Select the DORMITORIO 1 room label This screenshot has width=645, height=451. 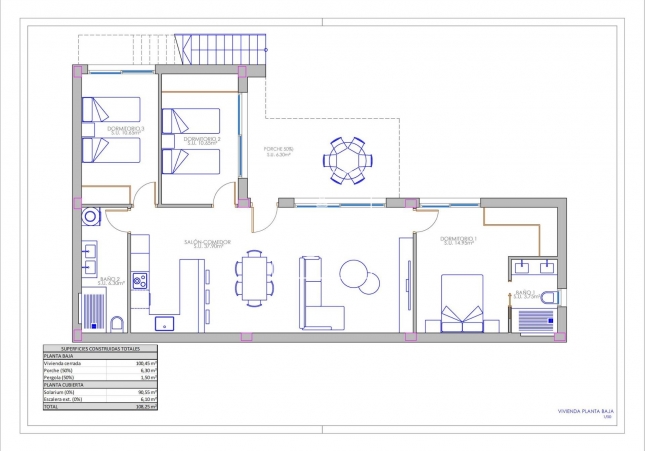pos(458,239)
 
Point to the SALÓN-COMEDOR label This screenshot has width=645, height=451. pos(207,242)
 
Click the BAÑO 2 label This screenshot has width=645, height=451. pos(111,281)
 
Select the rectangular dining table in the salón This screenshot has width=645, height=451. pos(253,278)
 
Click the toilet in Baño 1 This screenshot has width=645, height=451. pos(556,297)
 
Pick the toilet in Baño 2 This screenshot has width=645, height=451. pos(118,323)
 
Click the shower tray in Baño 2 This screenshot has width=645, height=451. pos(93,312)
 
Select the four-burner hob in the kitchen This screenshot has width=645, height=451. pos(139,281)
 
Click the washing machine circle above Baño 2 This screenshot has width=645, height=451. pos(91,214)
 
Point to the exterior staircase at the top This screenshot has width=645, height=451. pos(221,47)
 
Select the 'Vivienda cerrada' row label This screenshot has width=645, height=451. pos(59,362)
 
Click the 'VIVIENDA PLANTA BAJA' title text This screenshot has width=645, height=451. pos(583,411)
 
